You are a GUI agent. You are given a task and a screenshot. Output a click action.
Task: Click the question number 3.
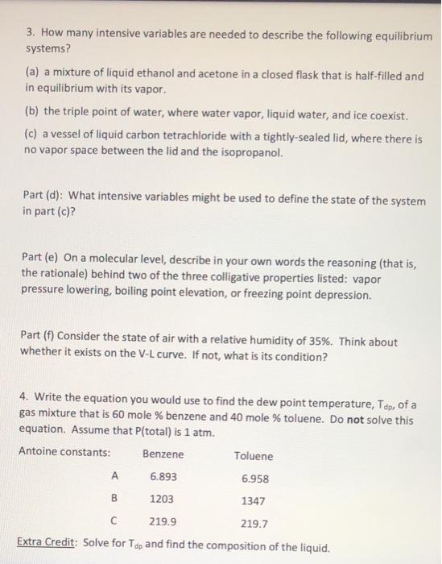click(29, 36)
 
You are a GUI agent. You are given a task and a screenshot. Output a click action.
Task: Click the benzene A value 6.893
click(163, 477)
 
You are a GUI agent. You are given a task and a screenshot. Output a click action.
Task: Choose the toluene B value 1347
click(254, 500)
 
